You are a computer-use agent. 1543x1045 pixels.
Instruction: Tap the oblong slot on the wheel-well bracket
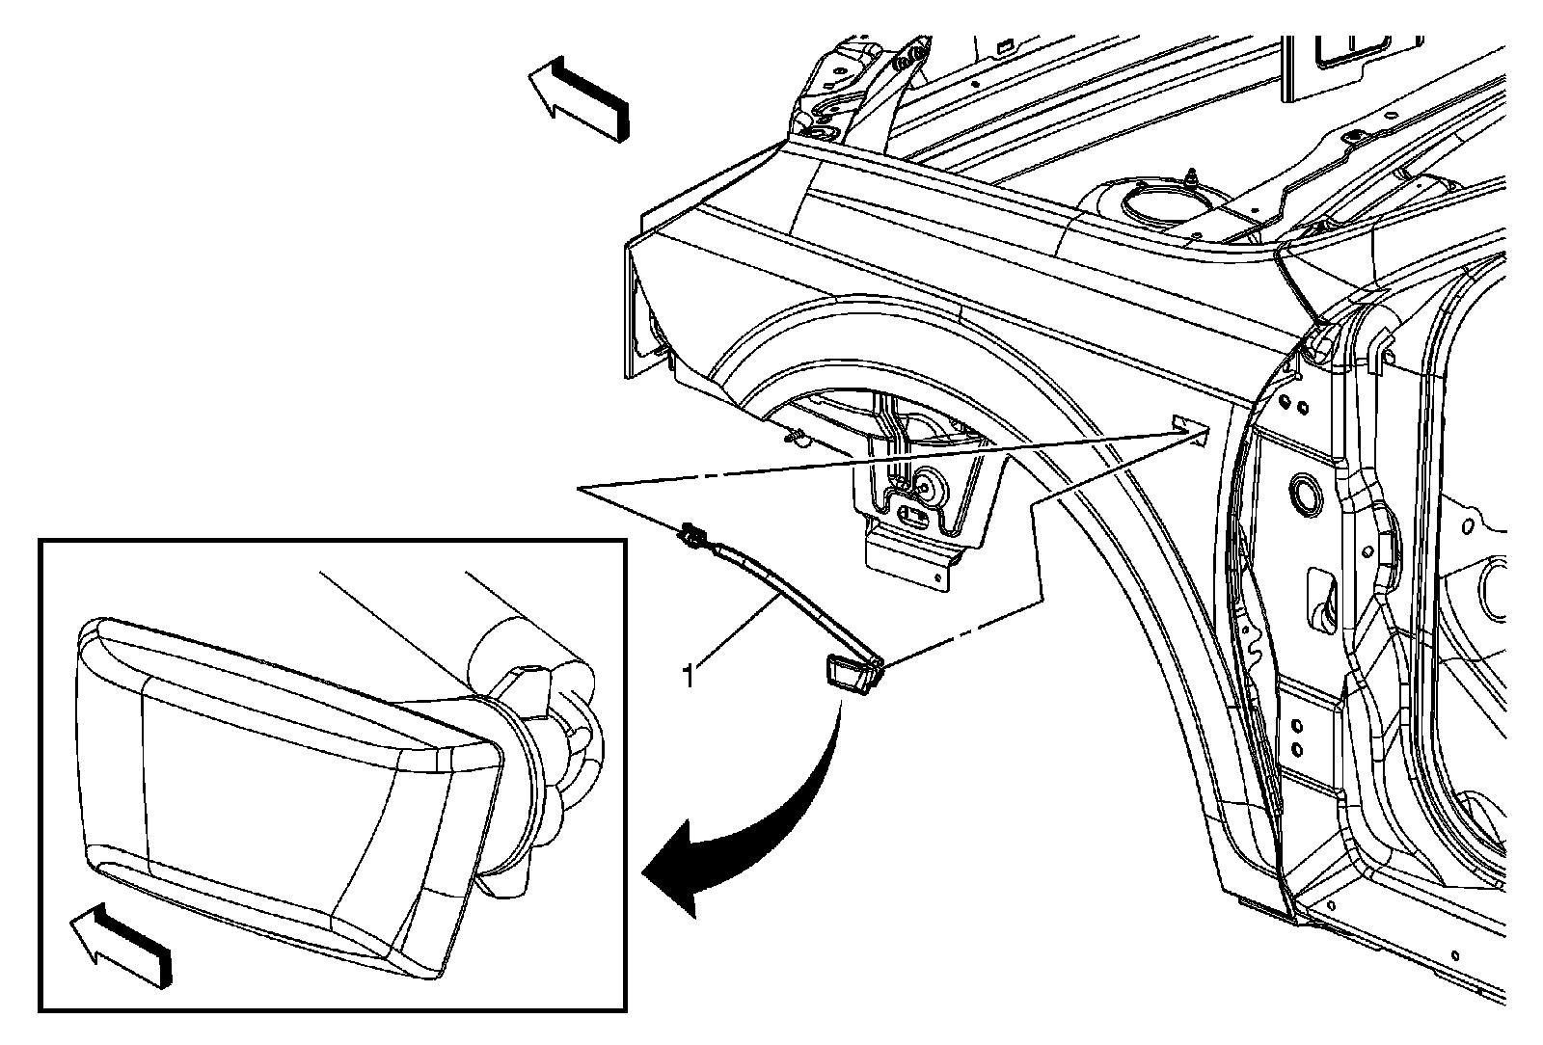point(914,515)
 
